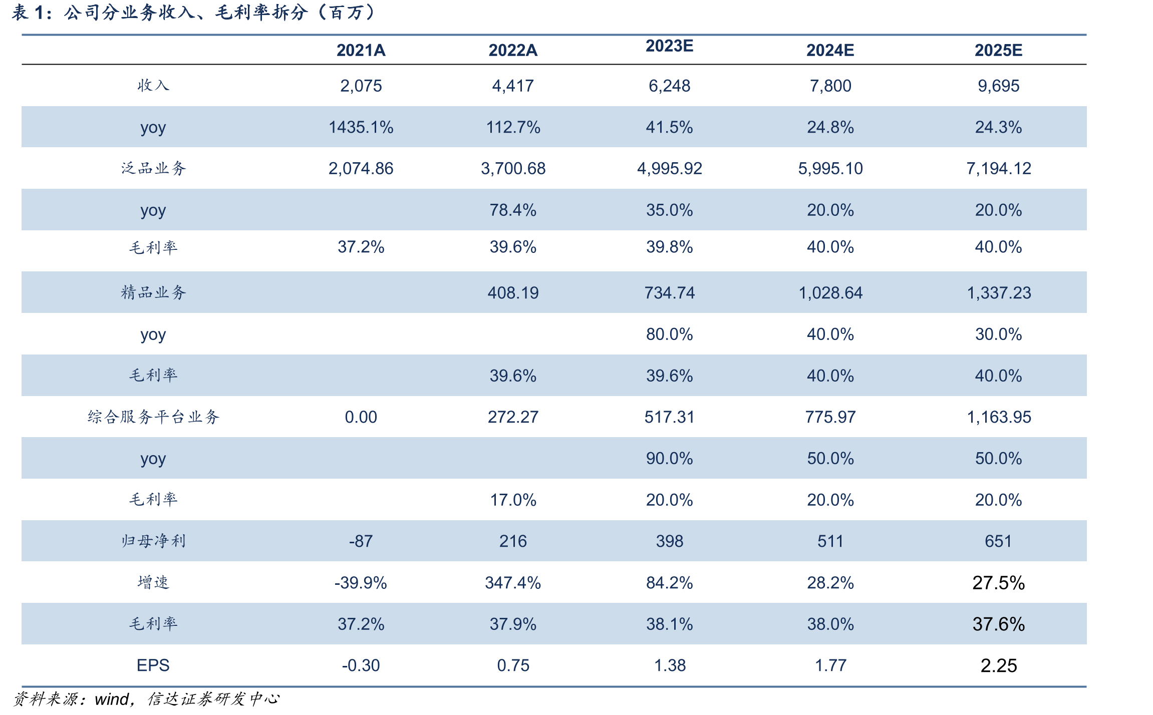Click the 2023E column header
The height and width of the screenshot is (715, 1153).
pyautogui.click(x=669, y=46)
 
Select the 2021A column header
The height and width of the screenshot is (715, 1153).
pyautogui.click(x=361, y=50)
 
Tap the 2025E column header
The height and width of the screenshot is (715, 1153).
pyautogui.click(x=998, y=50)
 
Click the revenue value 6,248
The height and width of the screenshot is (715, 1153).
pyautogui.click(x=669, y=86)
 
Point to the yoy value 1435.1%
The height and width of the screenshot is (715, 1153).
pyautogui.click(x=361, y=127)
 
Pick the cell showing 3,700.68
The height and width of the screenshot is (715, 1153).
pyautogui.click(x=513, y=169)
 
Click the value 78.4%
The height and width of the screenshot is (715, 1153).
pyautogui.click(x=513, y=210)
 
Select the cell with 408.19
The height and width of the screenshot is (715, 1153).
pyautogui.click(x=513, y=293)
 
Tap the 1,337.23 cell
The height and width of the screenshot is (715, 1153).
pyautogui.click(x=998, y=293)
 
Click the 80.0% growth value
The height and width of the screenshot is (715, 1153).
pyautogui.click(x=669, y=334)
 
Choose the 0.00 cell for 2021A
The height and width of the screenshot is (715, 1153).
pyautogui.click(x=361, y=417)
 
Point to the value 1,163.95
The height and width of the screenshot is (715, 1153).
pyautogui.click(x=998, y=417)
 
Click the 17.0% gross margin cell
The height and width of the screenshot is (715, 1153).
pyautogui.click(x=513, y=500)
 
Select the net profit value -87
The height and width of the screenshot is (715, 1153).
pyautogui.click(x=361, y=541)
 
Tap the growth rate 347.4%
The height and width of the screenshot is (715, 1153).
pyautogui.click(x=513, y=583)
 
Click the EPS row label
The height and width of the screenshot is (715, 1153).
pyautogui.click(x=153, y=665)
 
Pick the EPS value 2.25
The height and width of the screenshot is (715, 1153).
pyautogui.click(x=998, y=665)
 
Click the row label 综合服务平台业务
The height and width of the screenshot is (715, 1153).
pyautogui.click(x=153, y=417)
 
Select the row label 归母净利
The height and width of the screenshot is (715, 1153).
pyautogui.click(x=153, y=541)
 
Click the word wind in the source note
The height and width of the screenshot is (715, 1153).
pyautogui.click(x=112, y=699)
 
